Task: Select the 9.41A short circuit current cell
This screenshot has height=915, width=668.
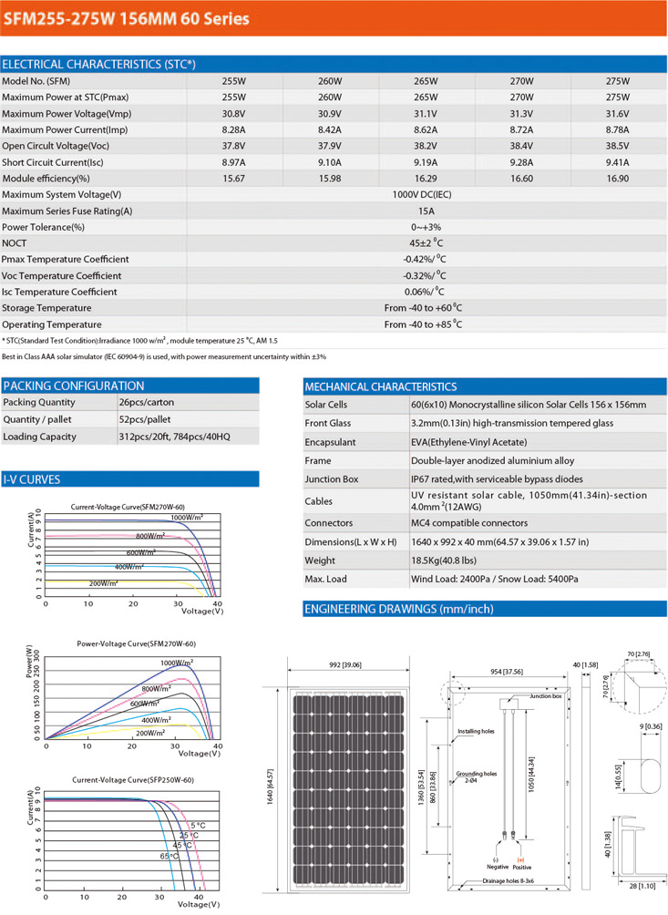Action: (617, 162)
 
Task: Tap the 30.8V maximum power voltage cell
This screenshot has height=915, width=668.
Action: (234, 114)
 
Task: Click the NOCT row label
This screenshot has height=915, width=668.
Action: (15, 243)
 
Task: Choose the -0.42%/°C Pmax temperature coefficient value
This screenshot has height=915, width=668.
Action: (424, 260)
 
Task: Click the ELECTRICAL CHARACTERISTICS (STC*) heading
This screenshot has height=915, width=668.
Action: (98, 65)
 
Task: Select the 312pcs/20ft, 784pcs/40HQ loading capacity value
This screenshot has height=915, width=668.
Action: (174, 437)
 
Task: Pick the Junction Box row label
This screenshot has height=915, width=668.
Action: (331, 479)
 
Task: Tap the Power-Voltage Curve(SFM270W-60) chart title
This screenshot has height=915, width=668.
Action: (137, 644)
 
